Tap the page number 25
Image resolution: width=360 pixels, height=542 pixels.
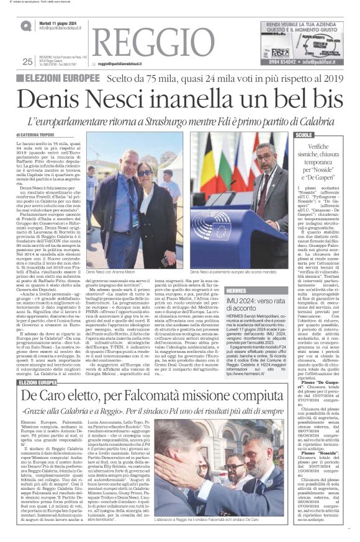(27, 61)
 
